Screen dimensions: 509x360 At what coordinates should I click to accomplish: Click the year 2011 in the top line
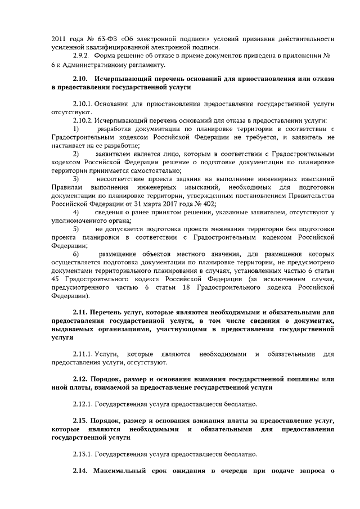(x=58, y=39)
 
